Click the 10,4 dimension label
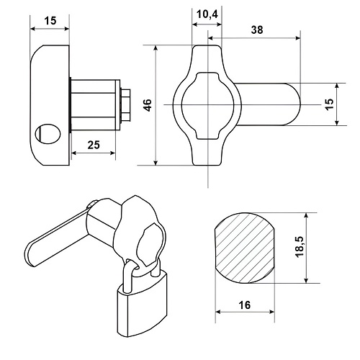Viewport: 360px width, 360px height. (207, 14)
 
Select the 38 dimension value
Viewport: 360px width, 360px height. (257, 30)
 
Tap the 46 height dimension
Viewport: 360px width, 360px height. (148, 105)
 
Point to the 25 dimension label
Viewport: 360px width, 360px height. (94, 145)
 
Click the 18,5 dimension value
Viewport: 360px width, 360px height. (300, 247)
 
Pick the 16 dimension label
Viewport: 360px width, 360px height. (245, 305)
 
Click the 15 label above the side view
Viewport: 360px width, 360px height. (50, 21)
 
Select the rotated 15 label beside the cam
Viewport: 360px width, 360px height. (330, 104)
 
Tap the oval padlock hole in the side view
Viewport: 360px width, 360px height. (48, 134)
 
